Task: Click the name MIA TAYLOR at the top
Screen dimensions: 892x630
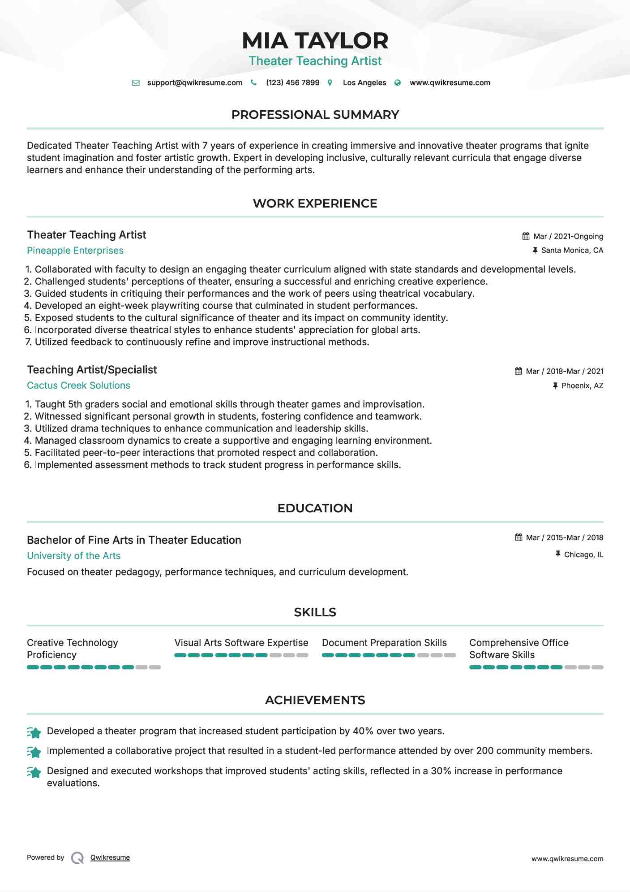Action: (x=315, y=41)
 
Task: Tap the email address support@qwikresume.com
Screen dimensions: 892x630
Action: (x=194, y=82)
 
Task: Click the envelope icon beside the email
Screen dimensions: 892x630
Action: (x=136, y=83)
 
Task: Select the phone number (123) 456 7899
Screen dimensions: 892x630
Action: (x=292, y=82)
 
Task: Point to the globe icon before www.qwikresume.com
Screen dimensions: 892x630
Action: (x=397, y=83)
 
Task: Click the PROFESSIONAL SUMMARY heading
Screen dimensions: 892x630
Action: (x=315, y=115)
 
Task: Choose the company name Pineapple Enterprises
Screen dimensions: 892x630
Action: (x=75, y=251)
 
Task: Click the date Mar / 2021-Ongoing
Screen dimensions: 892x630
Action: (x=568, y=236)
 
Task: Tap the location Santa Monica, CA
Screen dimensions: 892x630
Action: (x=572, y=250)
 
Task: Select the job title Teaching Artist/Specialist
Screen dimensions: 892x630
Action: (x=92, y=370)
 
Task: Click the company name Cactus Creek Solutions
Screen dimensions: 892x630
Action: (x=78, y=385)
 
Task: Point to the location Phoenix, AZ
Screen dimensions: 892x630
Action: (x=582, y=385)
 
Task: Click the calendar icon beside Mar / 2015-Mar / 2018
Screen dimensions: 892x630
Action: (x=519, y=537)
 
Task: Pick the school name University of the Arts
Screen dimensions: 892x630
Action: (x=73, y=556)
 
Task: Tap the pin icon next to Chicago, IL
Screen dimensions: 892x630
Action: (x=557, y=554)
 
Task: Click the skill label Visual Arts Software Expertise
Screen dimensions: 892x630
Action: (x=241, y=643)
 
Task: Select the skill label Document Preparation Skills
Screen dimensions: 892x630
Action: (x=384, y=643)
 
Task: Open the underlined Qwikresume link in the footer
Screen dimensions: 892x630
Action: (x=110, y=857)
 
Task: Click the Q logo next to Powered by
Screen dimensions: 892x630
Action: (x=77, y=858)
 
